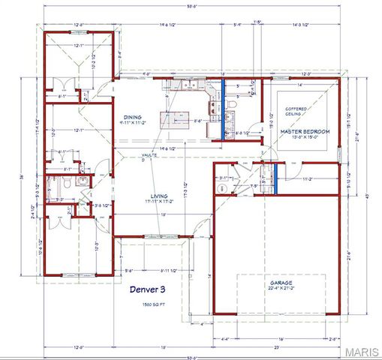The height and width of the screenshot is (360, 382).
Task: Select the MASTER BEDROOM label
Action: pos(305,132)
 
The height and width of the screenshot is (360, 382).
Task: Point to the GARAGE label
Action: pos(282,283)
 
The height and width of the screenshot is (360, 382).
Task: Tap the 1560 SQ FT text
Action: pos(147,305)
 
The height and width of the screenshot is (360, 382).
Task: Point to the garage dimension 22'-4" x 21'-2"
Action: pos(282,289)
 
